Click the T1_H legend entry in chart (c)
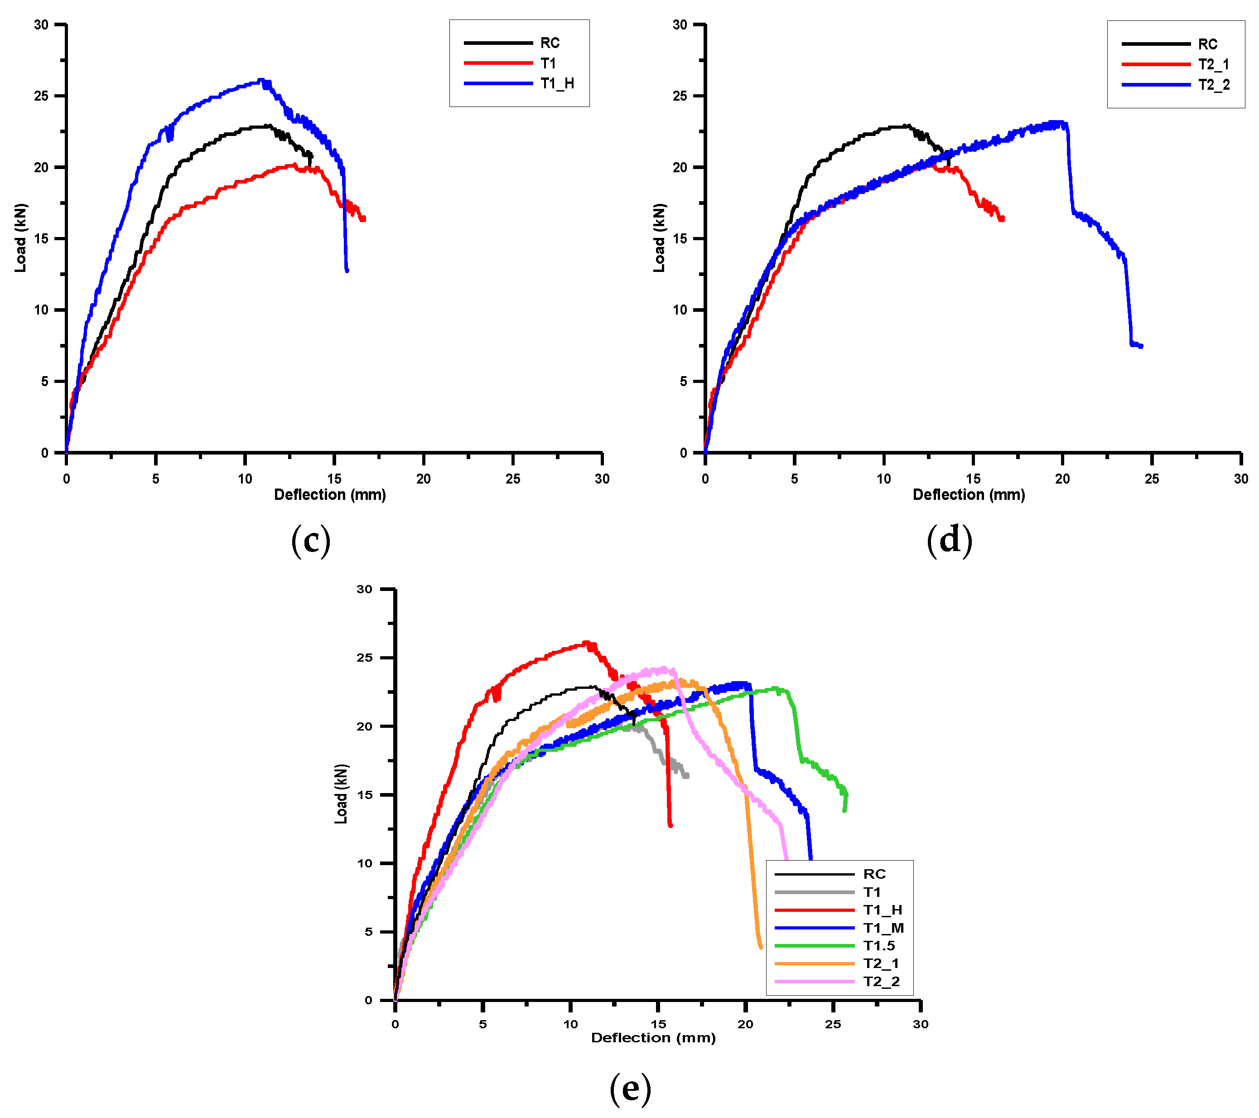click(x=557, y=83)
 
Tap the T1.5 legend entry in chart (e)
click(x=878, y=945)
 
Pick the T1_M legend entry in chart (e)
click(x=883, y=928)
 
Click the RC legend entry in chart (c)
click(x=550, y=43)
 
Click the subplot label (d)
click(x=949, y=540)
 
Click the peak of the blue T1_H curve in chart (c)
click(x=261, y=80)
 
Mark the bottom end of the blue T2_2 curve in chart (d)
click(x=1141, y=346)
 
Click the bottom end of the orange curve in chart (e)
click(x=761, y=947)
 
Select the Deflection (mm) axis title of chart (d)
click(x=968, y=494)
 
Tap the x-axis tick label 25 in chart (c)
click(x=512, y=479)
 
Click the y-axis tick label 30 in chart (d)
click(x=680, y=24)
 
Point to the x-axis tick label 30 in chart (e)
click(x=920, y=1024)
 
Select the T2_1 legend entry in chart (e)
click(x=881, y=963)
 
